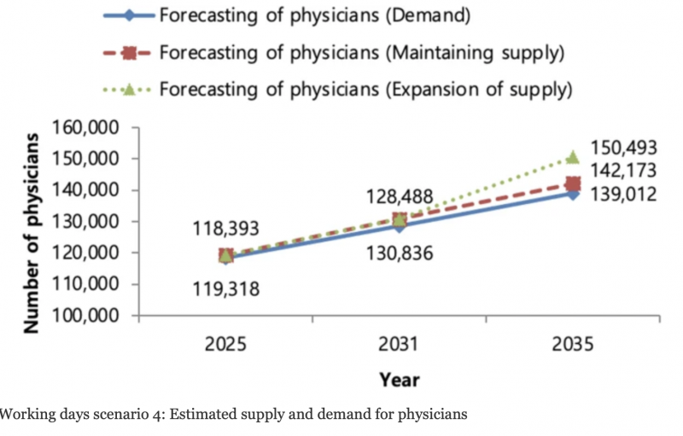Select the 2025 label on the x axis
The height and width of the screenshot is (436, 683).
point(226,346)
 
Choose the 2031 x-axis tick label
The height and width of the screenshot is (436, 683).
point(400,346)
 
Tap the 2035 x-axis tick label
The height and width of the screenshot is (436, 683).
point(572,346)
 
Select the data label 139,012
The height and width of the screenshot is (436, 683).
point(625,195)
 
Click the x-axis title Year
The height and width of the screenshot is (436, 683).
point(400,378)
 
